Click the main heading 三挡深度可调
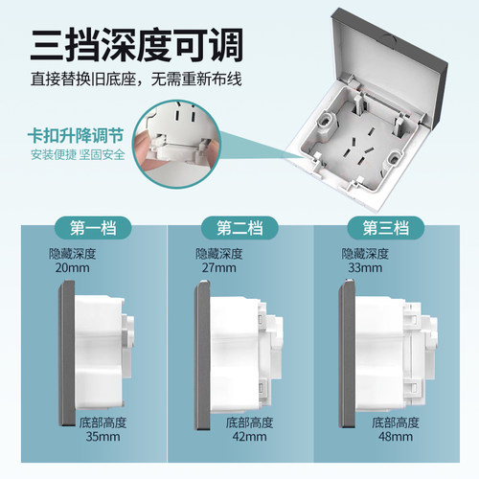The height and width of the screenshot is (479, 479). point(137,45)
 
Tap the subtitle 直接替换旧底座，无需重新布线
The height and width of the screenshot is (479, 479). point(136,79)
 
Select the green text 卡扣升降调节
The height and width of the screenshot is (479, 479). point(76,136)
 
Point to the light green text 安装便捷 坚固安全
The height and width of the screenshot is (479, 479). point(78,154)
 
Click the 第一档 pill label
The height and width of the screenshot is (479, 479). point(93,228)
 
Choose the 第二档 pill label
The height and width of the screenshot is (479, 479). point(239,228)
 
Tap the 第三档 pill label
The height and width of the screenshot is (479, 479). point(386,228)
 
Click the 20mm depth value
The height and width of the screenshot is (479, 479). point(72,267)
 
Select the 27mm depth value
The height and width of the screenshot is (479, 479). point(218,267)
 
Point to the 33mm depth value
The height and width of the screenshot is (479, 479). point(365,267)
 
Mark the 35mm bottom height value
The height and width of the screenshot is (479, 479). point(103,437)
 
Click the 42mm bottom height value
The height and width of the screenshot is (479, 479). point(249,437)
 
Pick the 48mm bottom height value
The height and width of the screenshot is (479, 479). point(396,437)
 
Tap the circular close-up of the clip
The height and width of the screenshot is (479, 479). point(177,144)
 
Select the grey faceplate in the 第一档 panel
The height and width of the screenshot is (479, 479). point(67,354)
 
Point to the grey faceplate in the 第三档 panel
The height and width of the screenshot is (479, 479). point(347,354)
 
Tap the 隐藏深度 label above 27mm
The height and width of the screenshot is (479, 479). point(219,254)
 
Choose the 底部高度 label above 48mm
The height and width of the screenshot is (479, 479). point(396,422)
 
